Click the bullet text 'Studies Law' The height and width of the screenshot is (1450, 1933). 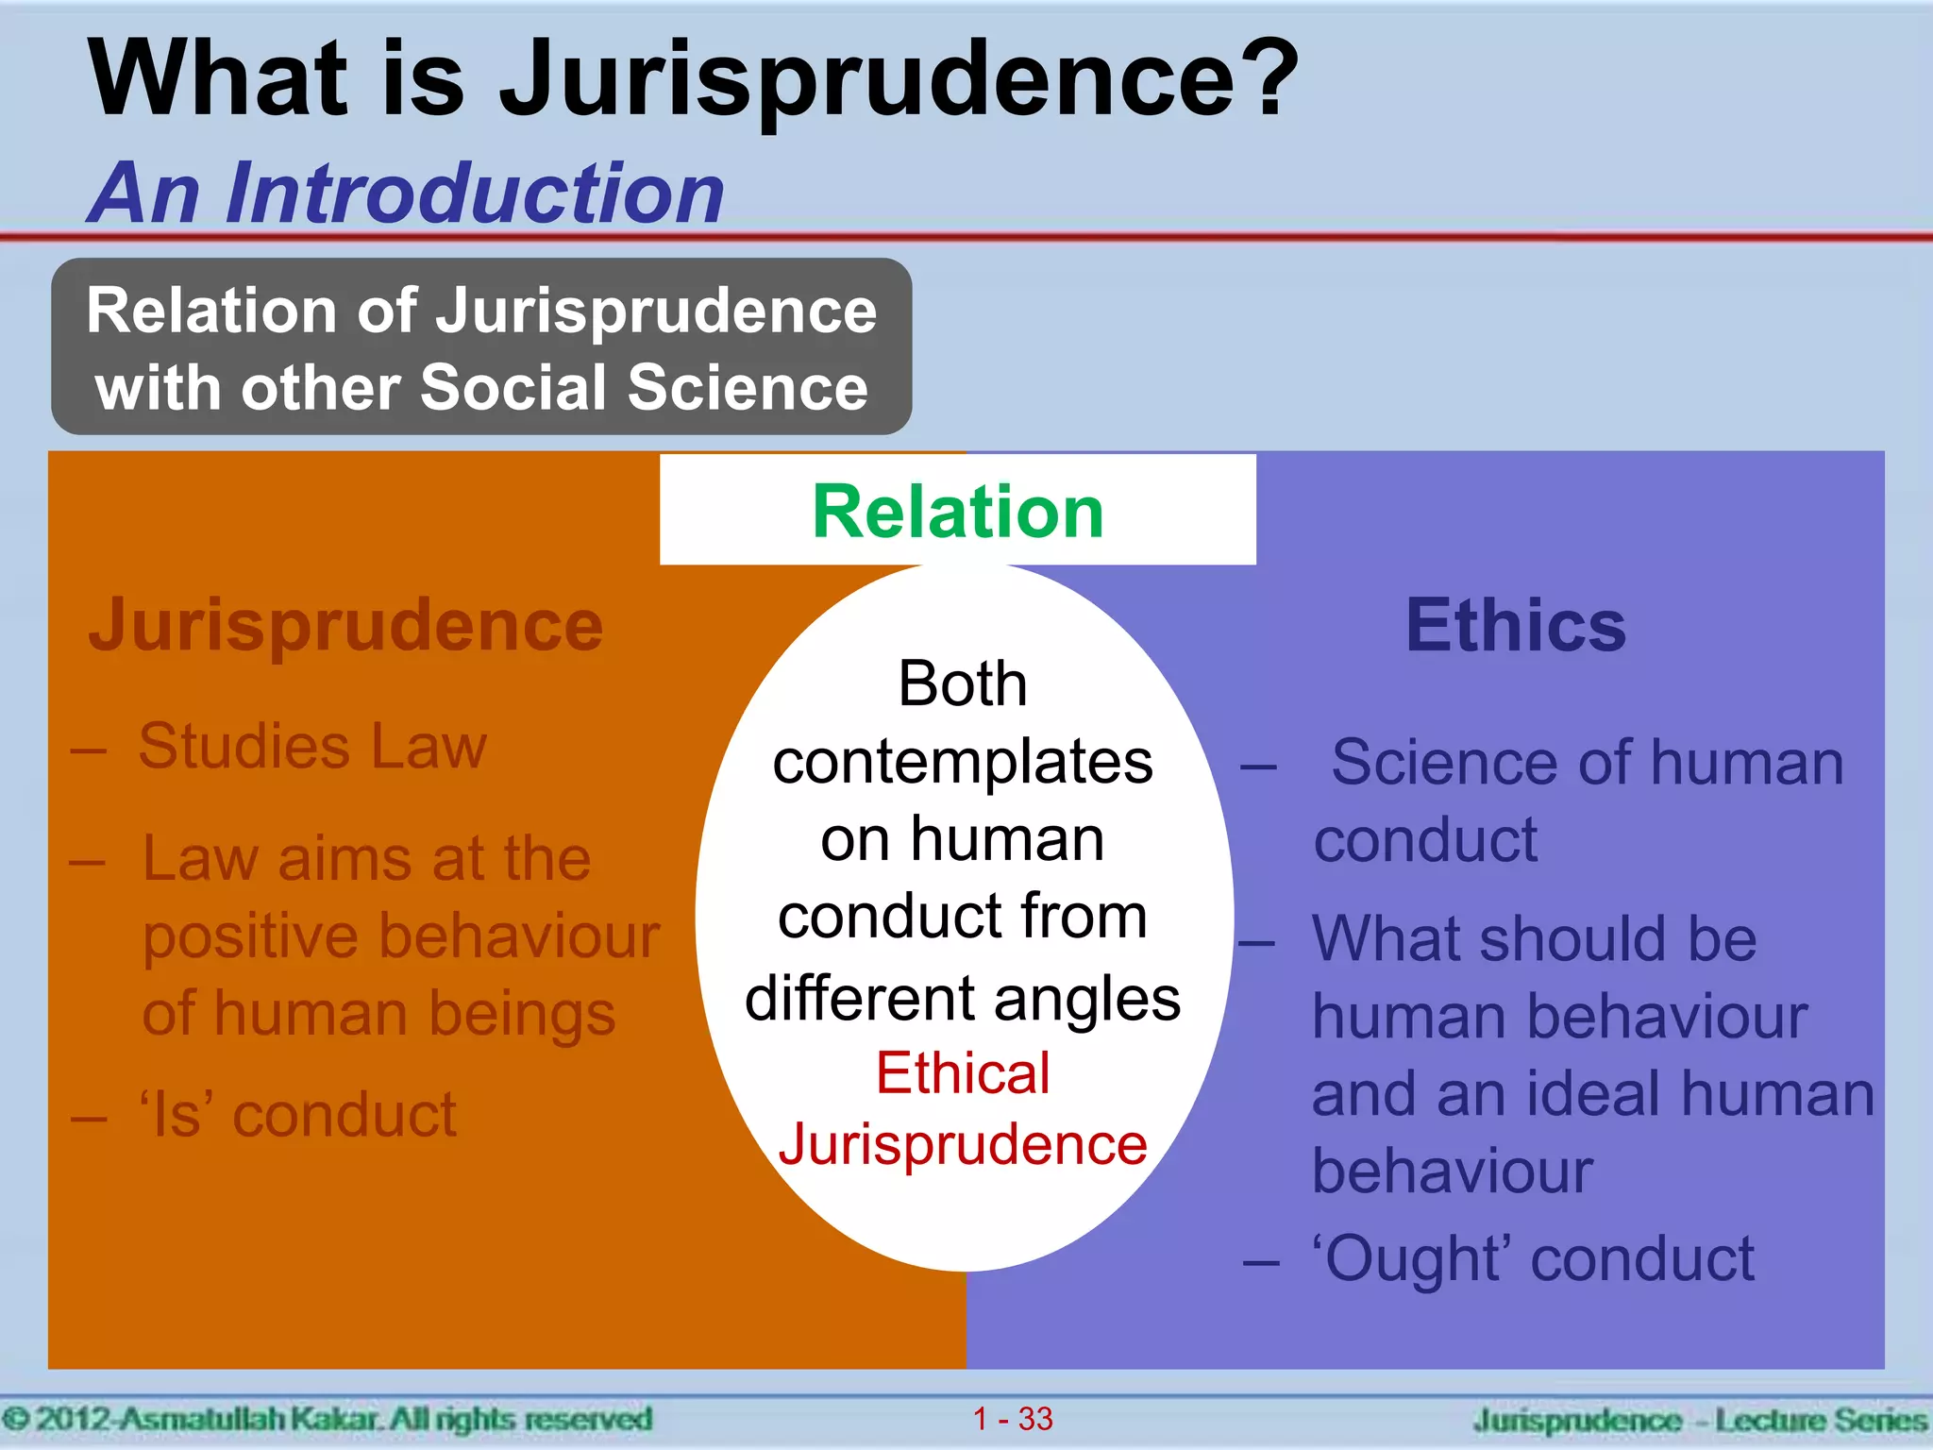pos(312,746)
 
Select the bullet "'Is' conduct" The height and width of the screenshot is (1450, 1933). pos(298,1115)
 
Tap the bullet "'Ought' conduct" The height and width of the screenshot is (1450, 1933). pos(1534,1258)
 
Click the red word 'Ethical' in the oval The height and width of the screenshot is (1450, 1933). pos(963,1073)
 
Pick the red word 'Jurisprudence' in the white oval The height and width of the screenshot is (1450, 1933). pos(963,1144)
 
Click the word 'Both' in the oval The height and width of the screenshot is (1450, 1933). pos(963,683)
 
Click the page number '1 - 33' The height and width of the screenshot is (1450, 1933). pos(1013,1418)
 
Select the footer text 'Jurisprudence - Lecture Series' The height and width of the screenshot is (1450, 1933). pos(1699,1420)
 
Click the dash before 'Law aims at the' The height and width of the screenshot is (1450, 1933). pos(87,862)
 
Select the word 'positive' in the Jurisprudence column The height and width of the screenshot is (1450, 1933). pos(250,936)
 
